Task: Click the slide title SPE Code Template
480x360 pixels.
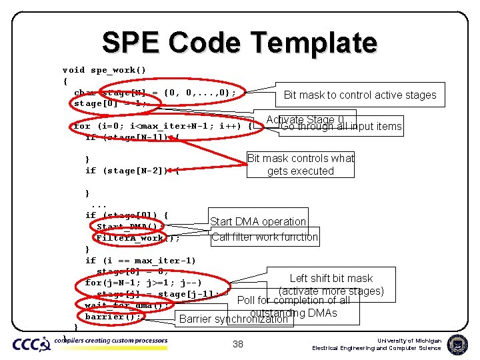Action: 239,43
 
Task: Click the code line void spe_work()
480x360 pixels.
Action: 104,70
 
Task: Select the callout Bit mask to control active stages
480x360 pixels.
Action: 360,95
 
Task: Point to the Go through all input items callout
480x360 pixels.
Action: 341,127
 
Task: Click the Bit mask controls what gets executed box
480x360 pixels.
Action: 301,165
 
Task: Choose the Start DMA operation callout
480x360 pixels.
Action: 258,221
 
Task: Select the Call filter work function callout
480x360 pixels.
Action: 265,237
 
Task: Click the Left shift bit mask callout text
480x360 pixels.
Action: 331,278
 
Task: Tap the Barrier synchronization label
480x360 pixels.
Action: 233,319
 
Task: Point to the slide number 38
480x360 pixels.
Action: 238,344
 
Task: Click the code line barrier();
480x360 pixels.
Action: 113,317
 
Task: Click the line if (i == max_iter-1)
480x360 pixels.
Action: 141,260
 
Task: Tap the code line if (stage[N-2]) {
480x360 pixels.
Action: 132,171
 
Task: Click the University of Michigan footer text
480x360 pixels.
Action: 409,341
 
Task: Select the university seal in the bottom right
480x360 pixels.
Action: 459,344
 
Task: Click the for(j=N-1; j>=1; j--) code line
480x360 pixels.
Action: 143,282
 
